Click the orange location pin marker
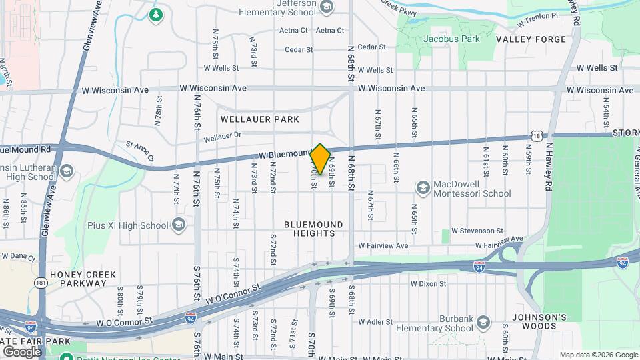(320, 159)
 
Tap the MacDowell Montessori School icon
(423, 189)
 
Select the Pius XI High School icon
(179, 225)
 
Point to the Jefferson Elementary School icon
(327, 7)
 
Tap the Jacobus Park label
(451, 39)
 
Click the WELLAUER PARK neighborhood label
(261, 119)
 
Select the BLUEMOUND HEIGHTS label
(313, 229)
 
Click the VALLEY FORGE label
(531, 39)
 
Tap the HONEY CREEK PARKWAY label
(81, 279)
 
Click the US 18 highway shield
(537, 136)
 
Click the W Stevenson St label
(477, 231)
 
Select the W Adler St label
(375, 322)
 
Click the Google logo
(22, 351)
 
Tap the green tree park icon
(157, 15)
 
